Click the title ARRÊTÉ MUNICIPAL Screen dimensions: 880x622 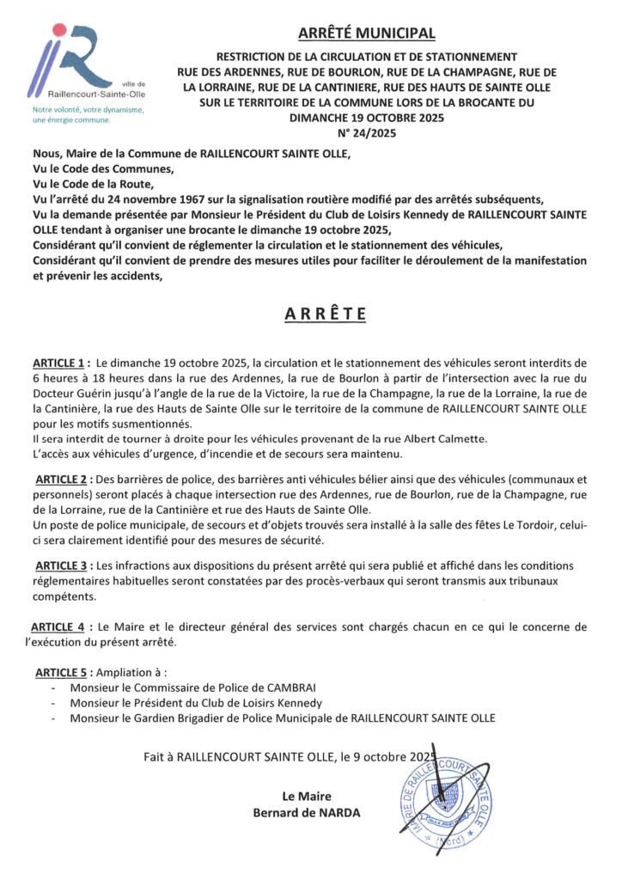coord(367,34)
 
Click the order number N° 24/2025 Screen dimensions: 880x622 coord(366,133)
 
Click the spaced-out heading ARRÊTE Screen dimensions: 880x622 coord(326,314)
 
